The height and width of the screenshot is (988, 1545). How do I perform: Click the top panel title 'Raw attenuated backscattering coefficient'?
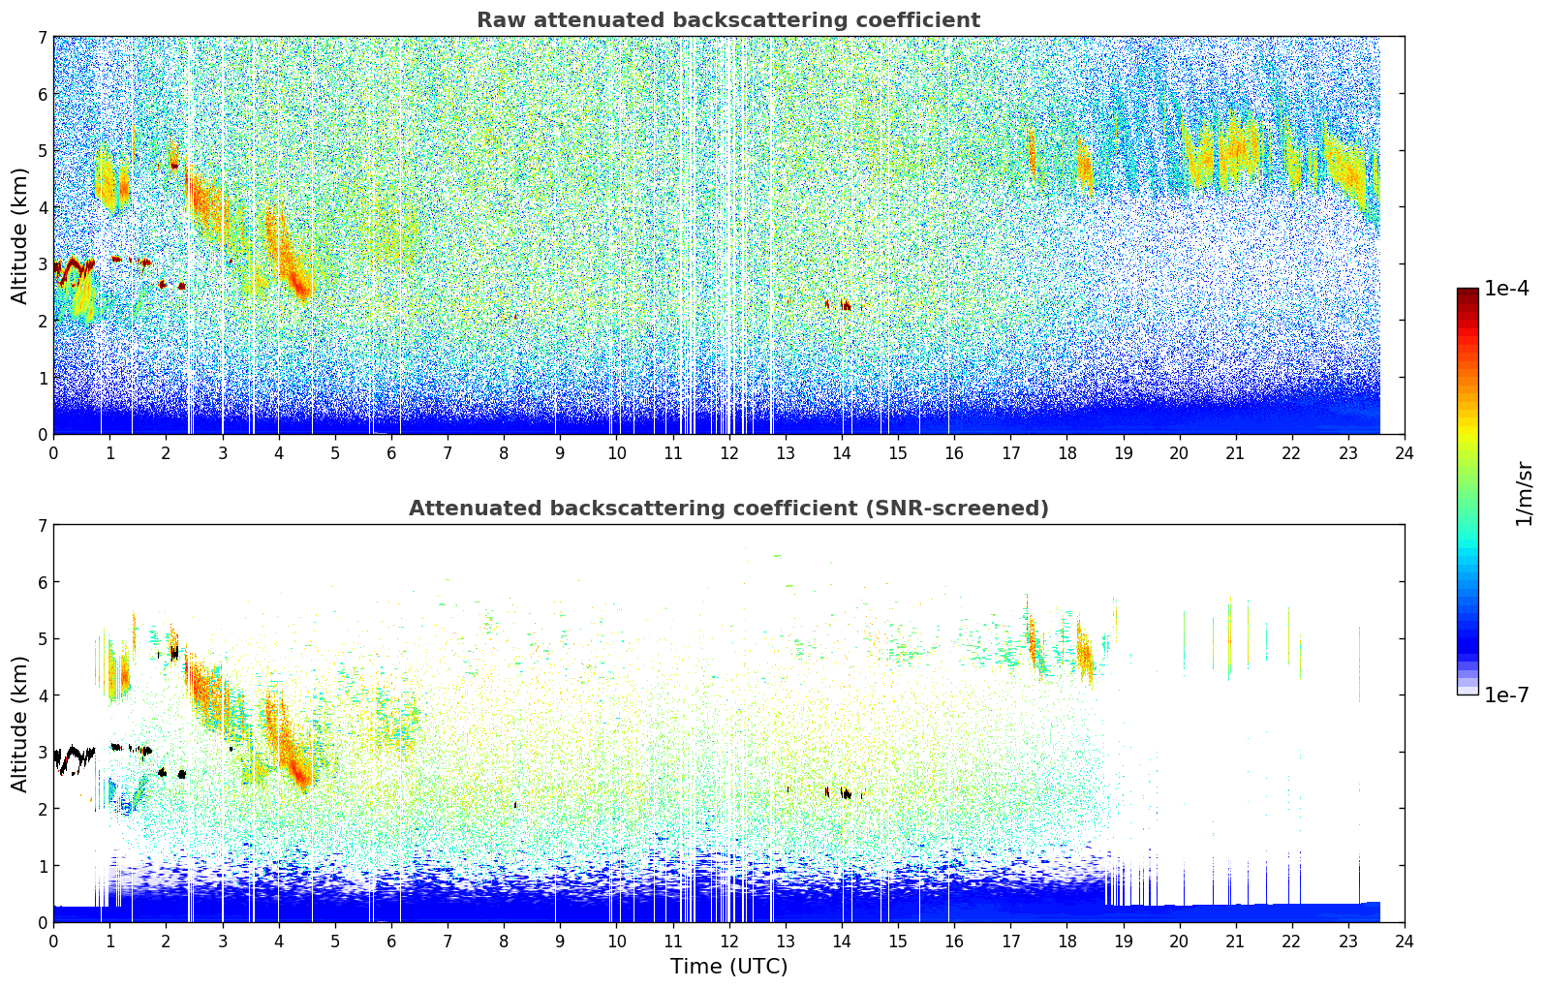tap(728, 20)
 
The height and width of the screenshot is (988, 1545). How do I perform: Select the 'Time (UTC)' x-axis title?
tap(728, 966)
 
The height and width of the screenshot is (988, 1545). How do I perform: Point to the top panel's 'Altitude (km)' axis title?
tap(18, 236)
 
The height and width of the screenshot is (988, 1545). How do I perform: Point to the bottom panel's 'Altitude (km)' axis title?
tap(18, 725)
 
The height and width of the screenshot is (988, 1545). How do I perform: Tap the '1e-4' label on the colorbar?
tap(1506, 289)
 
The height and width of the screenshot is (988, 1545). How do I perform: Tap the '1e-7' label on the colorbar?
tap(1506, 695)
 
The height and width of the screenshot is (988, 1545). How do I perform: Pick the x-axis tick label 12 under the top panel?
tap(729, 453)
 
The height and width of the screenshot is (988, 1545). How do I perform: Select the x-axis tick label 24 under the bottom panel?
tap(1405, 942)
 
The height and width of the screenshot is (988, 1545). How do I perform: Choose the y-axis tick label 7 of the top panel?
tap(43, 37)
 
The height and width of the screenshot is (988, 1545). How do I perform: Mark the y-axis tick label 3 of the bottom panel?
tap(43, 752)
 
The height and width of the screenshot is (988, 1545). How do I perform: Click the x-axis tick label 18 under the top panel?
tap(1067, 453)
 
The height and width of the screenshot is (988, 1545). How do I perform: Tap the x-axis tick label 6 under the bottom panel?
tap(391, 942)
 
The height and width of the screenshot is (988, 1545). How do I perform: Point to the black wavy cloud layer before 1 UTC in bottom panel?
tap(73, 758)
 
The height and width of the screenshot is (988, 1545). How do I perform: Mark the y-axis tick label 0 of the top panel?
tap(43, 435)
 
